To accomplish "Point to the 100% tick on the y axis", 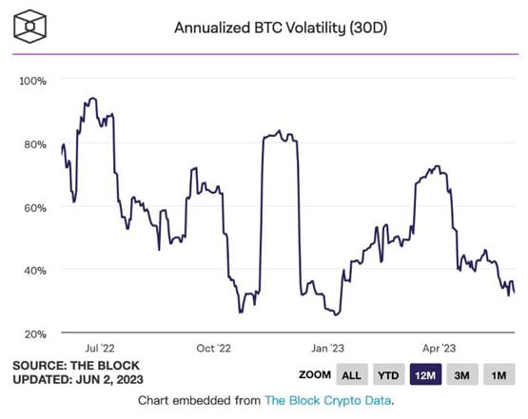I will point(33,81).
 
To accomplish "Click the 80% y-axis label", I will point(35,144).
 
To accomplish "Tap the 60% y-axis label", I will point(35,207).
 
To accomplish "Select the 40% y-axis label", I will point(35,270).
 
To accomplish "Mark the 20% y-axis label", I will point(35,333).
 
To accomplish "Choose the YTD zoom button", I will point(391,374).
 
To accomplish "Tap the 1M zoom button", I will point(499,374).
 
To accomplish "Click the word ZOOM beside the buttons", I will point(315,375).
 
